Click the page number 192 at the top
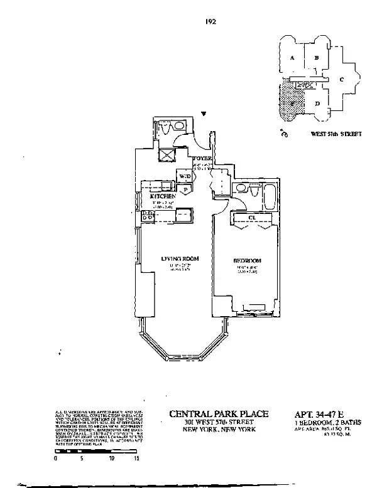click(x=210, y=21)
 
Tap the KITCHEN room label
click(x=161, y=196)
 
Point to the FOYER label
click(x=202, y=158)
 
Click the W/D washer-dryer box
click(x=185, y=176)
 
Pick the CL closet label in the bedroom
click(x=251, y=218)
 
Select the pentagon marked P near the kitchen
click(x=186, y=189)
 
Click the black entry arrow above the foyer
click(x=204, y=114)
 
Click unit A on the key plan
click(x=292, y=58)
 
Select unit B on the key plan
click(x=317, y=58)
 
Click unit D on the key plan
click(x=318, y=102)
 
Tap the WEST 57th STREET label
click(x=336, y=134)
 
